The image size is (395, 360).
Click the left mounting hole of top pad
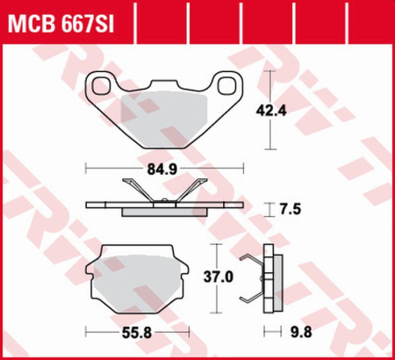(x=102, y=85)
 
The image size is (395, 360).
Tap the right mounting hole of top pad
(x=226, y=85)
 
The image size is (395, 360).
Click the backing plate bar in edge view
(x=163, y=205)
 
